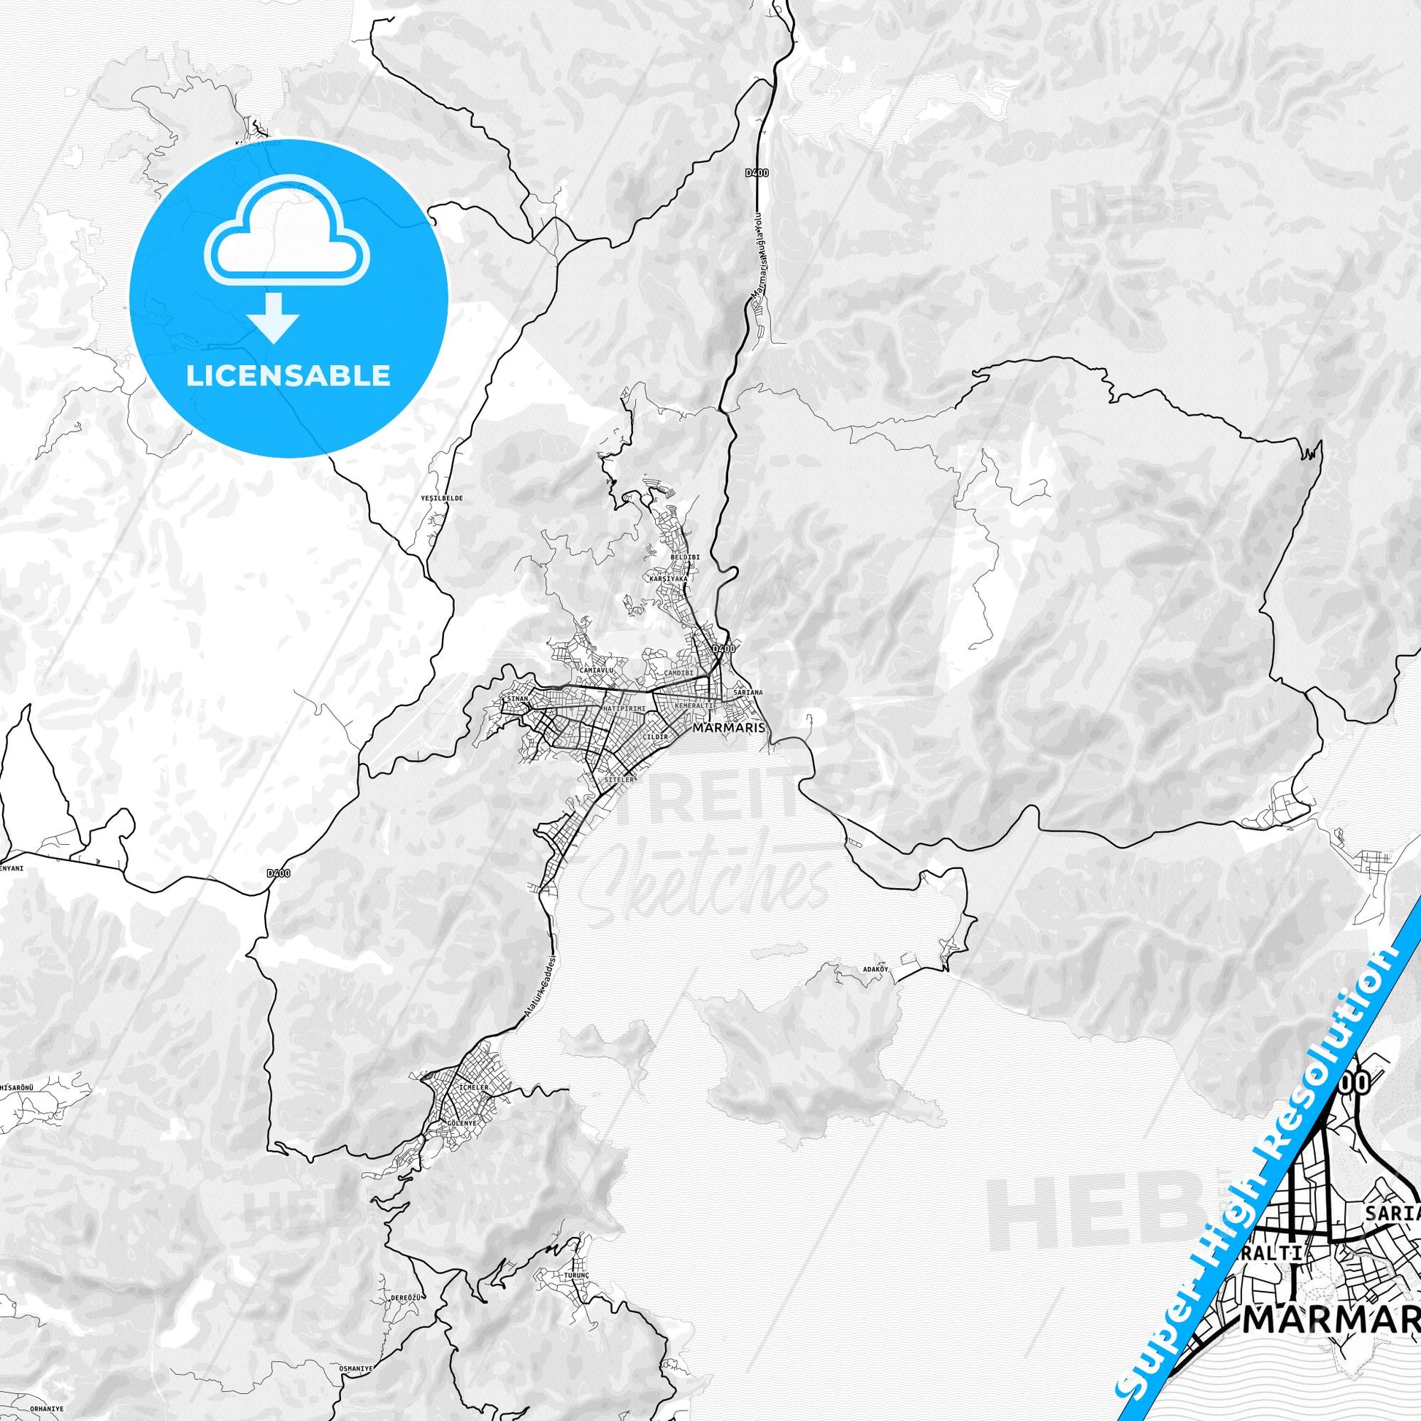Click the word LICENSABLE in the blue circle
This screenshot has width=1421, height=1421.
pos(288,376)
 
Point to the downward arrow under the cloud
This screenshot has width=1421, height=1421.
pos(273,319)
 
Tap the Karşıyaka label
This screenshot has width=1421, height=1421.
pos(669,579)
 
